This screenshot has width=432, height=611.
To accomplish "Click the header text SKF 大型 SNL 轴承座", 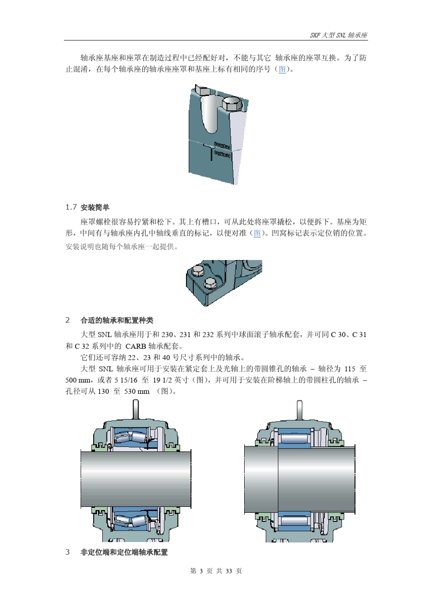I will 339,35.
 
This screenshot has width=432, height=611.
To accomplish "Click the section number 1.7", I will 71,207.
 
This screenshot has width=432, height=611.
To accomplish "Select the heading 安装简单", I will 95,208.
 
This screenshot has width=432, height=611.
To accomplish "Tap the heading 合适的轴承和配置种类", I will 117,321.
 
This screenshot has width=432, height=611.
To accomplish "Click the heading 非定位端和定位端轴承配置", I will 124,552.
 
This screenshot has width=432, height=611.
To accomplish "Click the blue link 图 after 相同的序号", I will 282,70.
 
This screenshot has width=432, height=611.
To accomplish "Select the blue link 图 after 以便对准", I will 257,233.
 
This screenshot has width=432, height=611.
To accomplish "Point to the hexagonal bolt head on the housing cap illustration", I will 233,104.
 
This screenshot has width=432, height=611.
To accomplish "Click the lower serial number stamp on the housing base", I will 222,155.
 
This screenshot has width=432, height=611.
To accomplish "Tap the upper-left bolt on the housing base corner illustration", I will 198,271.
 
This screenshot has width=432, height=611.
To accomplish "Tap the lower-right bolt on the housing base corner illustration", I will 209,283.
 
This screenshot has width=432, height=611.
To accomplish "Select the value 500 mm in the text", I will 78,380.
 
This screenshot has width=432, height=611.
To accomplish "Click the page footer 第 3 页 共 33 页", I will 216,571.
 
